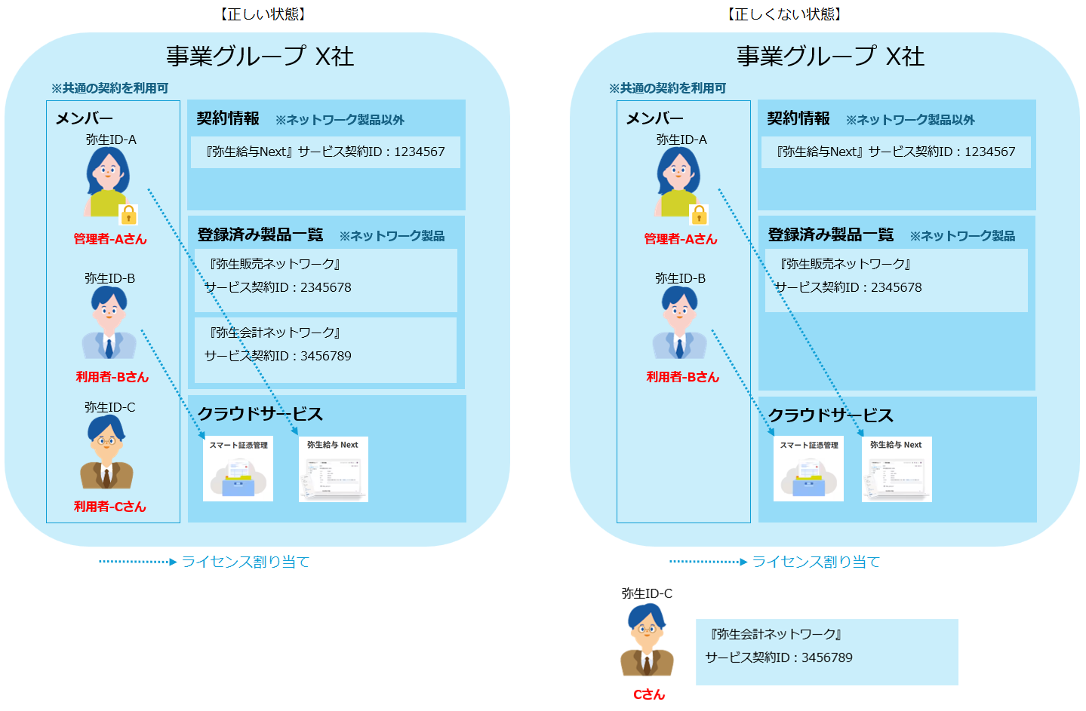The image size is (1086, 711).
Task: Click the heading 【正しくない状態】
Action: (x=784, y=14)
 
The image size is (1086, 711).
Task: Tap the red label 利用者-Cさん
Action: (x=110, y=507)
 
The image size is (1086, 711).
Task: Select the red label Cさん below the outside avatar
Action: (x=649, y=694)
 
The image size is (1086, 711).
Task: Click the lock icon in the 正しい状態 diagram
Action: (x=129, y=215)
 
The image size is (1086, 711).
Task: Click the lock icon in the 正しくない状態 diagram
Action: (x=700, y=215)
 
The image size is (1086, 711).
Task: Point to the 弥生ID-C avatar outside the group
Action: (x=647, y=640)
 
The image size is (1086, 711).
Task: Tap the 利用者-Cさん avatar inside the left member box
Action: (x=107, y=452)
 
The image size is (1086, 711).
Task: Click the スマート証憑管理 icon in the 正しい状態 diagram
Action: (x=238, y=469)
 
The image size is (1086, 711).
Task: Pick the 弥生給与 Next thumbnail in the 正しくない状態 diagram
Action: (x=897, y=469)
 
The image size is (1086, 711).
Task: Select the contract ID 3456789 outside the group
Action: (x=827, y=657)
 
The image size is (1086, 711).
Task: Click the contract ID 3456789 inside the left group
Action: (x=326, y=356)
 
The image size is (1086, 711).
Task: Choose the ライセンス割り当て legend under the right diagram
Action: (x=816, y=562)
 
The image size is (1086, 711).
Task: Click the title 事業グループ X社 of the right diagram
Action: (x=830, y=57)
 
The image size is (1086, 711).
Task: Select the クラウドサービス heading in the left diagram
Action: (x=260, y=414)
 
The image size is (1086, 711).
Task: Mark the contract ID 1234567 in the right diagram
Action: (x=990, y=152)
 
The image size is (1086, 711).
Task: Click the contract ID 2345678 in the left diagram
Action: (x=326, y=287)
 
